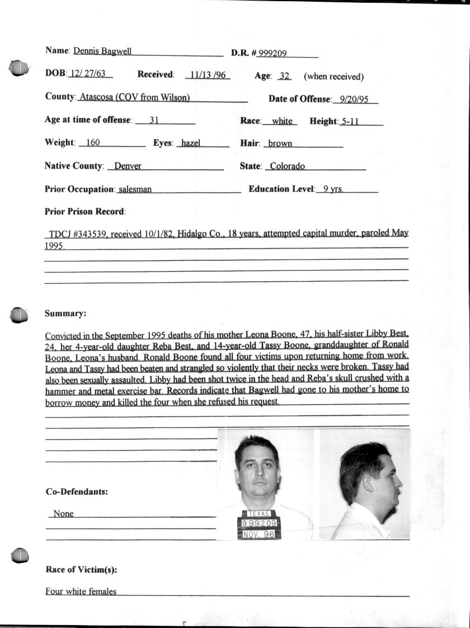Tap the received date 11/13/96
point(208,74)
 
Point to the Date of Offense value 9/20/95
point(355,99)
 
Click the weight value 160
point(93,143)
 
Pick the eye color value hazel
point(191,143)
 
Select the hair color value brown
point(280,143)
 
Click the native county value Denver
point(128,166)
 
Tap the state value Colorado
point(287,166)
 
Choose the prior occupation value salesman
point(135,189)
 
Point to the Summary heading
point(65,313)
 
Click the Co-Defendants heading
point(77,492)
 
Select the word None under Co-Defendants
point(63,513)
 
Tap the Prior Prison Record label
point(85,212)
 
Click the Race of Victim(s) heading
point(81,570)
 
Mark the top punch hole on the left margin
point(19,68)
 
